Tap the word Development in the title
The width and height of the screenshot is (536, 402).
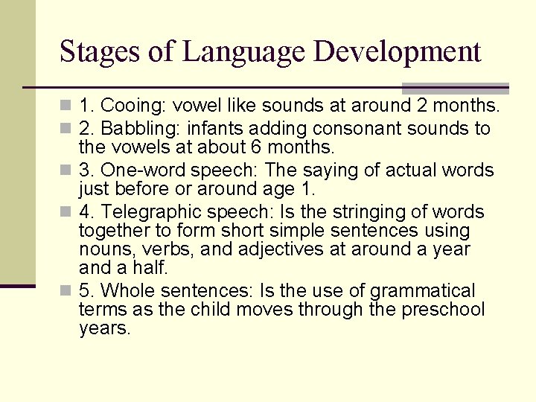pyautogui.click(x=398, y=52)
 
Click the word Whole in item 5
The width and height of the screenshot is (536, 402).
pyautogui.click(x=126, y=291)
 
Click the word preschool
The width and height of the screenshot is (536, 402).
pyautogui.click(x=443, y=309)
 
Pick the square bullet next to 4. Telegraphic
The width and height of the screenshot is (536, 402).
pyautogui.click(x=68, y=212)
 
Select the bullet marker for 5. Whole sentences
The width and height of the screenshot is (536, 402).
pyautogui.click(x=68, y=291)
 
